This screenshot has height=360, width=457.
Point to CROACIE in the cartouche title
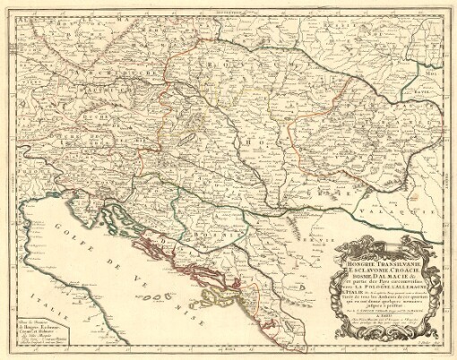click(x=395, y=261)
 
